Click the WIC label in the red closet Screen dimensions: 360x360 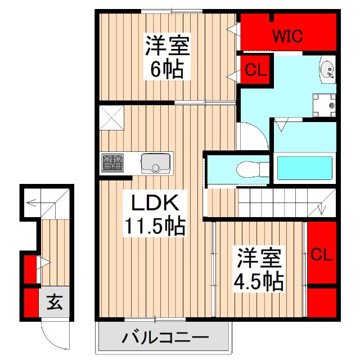tap(288, 37)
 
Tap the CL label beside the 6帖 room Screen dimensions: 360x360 tap(255, 71)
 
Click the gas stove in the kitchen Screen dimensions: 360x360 tap(112, 164)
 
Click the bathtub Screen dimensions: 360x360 tap(304, 167)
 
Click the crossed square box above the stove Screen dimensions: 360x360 tap(111, 118)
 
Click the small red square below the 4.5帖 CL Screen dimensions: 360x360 tap(322, 303)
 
